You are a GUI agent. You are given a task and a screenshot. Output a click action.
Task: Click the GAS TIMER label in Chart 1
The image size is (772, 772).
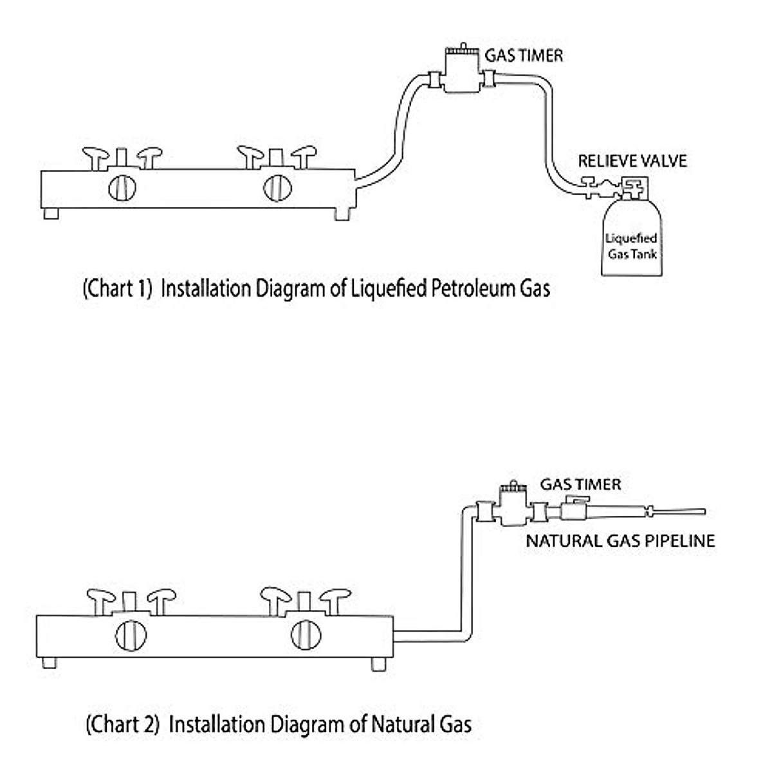524,55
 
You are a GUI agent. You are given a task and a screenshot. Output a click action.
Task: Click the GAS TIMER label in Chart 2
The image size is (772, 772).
580,484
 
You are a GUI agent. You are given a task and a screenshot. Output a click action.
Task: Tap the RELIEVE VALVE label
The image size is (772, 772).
632,161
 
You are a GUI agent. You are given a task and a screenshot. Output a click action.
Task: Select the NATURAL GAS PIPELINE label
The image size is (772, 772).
620,540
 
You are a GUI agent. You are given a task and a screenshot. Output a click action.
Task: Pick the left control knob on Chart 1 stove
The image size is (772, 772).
122,188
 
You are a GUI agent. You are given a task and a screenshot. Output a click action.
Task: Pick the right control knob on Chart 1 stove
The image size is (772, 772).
277,188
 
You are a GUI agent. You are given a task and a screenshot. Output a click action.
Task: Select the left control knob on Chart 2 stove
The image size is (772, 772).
131,635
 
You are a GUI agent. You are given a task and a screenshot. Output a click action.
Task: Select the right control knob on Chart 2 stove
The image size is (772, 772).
306,635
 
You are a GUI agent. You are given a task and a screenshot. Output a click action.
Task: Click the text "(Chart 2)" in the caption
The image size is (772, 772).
122,724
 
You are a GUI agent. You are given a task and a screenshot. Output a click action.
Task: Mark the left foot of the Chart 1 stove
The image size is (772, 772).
51,214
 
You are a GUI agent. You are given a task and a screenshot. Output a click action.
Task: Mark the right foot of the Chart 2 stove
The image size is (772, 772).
379,664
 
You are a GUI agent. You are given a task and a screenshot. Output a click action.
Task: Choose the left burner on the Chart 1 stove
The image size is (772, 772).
122,158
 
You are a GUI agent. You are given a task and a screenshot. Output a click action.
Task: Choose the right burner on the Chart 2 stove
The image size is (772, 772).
306,602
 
